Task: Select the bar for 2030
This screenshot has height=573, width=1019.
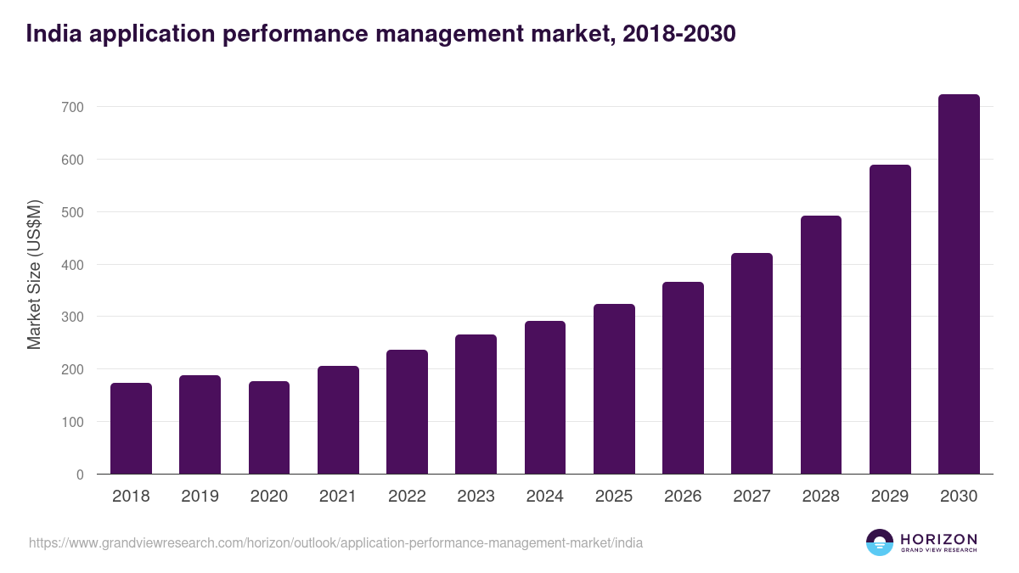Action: coord(959,284)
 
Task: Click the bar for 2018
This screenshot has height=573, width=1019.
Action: coord(131,429)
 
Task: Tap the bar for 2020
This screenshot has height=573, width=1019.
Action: coord(269,428)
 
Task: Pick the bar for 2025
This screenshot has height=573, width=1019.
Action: coord(614,389)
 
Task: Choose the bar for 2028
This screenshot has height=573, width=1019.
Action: coord(821,345)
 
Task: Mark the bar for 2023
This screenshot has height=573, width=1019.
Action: coord(476,404)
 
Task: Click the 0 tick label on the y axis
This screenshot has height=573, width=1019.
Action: coord(79,475)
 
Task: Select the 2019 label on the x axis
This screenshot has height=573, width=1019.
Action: coord(200,497)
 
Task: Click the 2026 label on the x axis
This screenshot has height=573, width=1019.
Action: coord(683,497)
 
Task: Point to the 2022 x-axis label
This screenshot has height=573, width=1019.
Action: coord(407,497)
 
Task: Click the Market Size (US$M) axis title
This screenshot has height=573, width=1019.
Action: coord(34,273)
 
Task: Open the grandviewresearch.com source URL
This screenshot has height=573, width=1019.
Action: coord(335,542)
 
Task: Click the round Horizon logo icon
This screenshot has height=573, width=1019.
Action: coord(880,542)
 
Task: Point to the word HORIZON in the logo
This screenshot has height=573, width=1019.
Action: coord(938,538)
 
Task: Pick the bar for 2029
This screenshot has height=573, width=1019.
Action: coord(890,319)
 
